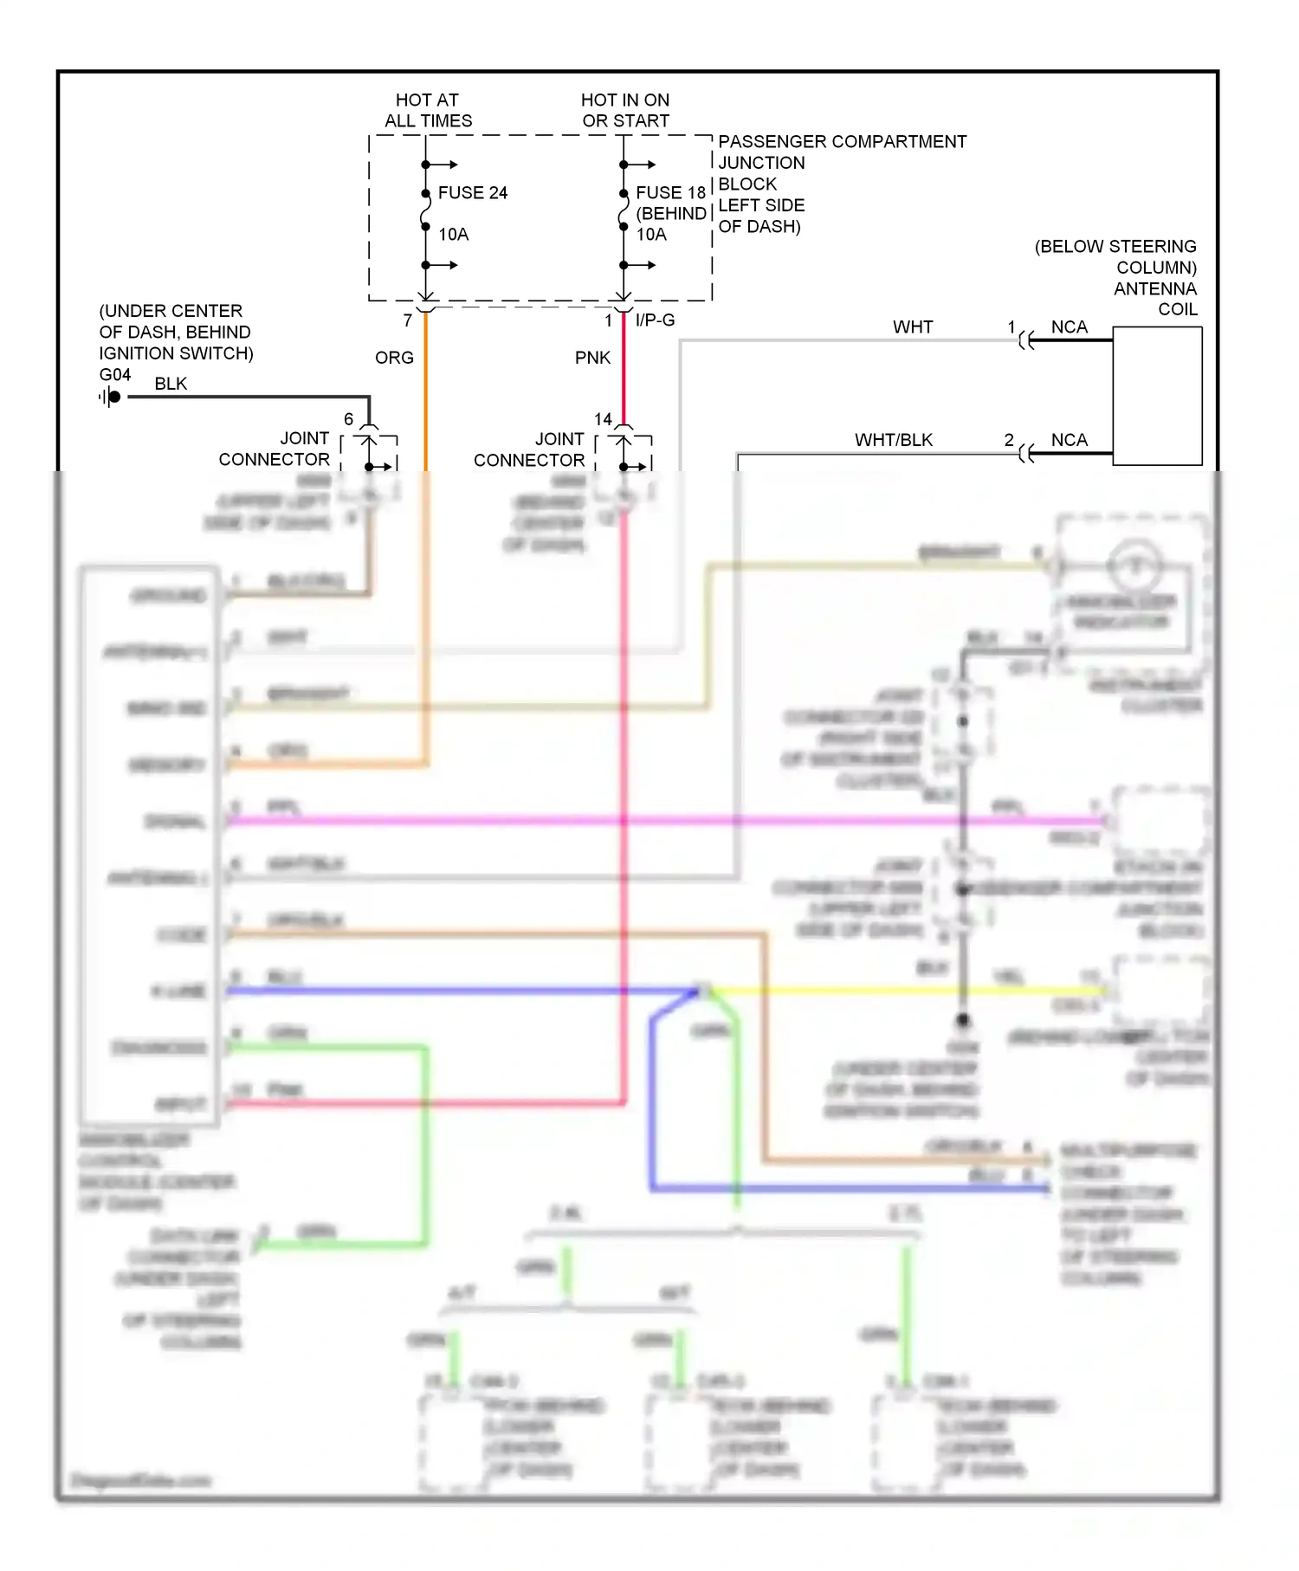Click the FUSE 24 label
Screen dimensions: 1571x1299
[472, 192]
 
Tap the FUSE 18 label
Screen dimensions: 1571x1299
[670, 192]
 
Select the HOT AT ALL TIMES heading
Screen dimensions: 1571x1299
[428, 110]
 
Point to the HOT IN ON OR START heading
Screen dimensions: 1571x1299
[625, 110]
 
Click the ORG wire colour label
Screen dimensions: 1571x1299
[394, 358]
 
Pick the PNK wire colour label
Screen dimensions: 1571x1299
[592, 358]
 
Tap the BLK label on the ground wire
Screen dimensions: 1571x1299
[171, 384]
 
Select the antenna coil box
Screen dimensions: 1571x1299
[1157, 396]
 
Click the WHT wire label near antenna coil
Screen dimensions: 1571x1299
[913, 326]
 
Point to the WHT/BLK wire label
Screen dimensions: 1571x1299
[894, 440]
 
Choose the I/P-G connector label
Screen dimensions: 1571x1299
[655, 320]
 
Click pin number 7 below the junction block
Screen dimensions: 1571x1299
[407, 320]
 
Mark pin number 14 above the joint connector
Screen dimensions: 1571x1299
[603, 419]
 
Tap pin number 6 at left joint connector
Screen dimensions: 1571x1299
[348, 419]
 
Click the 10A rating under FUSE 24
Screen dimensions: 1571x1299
[453, 234]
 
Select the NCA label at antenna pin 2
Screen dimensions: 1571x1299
[1069, 440]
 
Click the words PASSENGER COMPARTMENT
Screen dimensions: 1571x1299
[842, 141]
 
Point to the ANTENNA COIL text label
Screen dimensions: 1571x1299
[1155, 299]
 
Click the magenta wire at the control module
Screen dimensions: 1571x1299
[433, 820]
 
